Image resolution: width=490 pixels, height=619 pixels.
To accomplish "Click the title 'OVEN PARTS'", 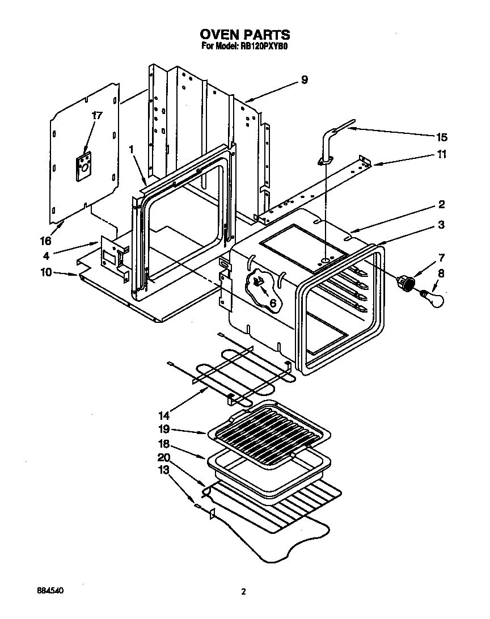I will pyautogui.click(x=245, y=35).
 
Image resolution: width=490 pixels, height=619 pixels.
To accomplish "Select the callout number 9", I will pyautogui.click(x=304, y=80).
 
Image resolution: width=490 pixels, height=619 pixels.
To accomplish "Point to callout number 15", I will pyautogui.click(x=441, y=137).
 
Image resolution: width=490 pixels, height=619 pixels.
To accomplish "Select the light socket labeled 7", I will pyautogui.click(x=406, y=282).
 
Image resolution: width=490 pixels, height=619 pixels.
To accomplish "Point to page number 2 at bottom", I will pyautogui.click(x=244, y=592).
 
